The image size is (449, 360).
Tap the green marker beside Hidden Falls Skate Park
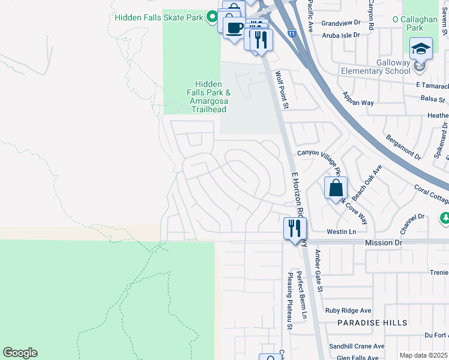pyautogui.click(x=211, y=17)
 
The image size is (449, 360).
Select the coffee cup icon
pyautogui.click(x=234, y=27)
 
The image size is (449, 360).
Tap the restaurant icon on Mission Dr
pyautogui.click(x=295, y=229)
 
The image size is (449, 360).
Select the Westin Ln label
pyautogui.click(x=342, y=232)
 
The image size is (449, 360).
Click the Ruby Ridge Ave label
pyautogui.click(x=348, y=310)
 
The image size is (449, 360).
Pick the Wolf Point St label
pyautogui.click(x=282, y=90)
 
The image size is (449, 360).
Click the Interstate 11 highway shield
pyautogui.click(x=291, y=34)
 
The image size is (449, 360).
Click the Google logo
pyautogui.click(x=20, y=353)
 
